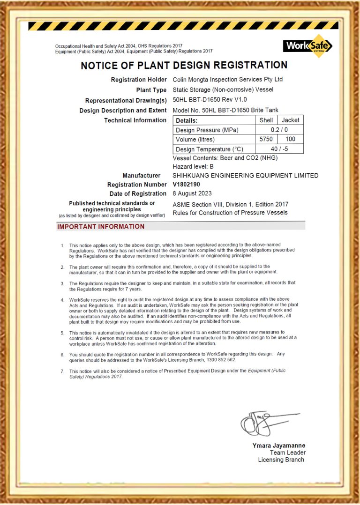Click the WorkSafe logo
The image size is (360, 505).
coord(307,46)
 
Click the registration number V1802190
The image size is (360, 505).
coord(186,185)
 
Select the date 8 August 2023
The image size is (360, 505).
coord(192,193)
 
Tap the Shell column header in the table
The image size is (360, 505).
coord(266,120)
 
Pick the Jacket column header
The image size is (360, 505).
coord(290,120)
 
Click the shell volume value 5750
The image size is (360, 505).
coord(266,139)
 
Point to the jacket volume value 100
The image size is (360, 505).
coord(290,139)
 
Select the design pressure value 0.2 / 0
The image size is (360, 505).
coord(279,130)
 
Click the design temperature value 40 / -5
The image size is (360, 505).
coord(279,149)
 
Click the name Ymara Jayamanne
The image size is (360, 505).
coord(279,446)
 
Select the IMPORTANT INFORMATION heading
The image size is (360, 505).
coord(101,227)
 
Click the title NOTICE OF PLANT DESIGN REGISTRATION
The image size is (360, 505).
coord(184,66)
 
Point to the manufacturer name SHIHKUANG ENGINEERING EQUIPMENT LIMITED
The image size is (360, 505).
coord(245,176)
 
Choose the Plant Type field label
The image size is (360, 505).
coord(151,90)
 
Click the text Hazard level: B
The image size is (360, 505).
coord(193,166)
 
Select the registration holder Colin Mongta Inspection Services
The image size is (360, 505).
coord(228,80)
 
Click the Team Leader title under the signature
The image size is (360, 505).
coord(287,453)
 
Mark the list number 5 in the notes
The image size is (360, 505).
coord(62,333)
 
